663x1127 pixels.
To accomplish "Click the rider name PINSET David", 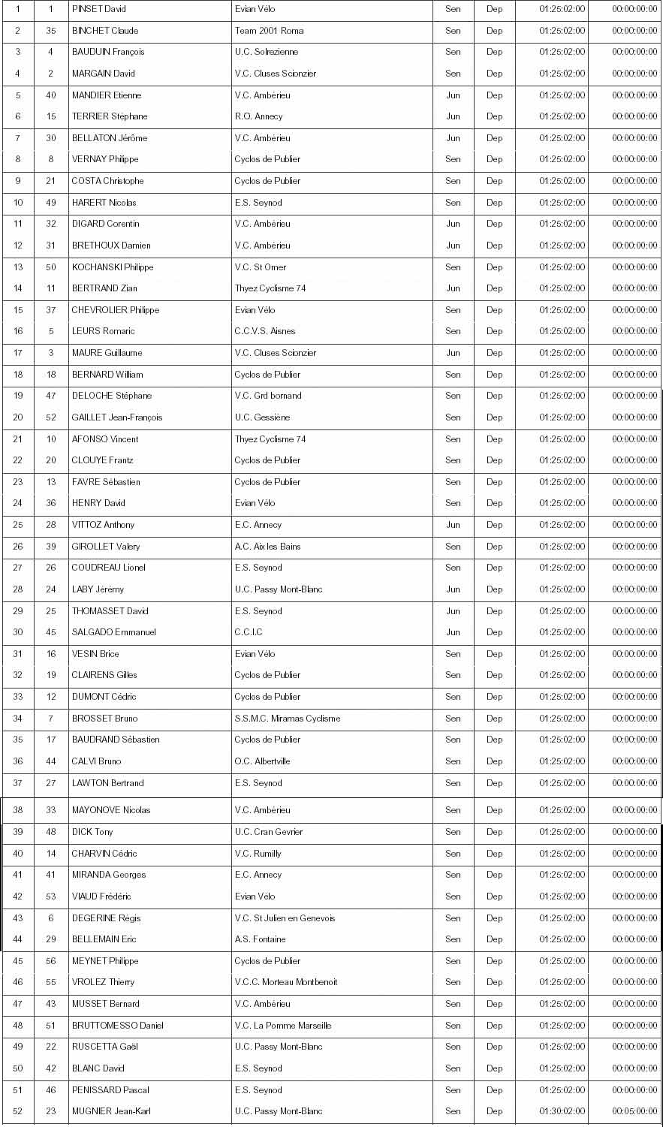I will (x=98, y=9).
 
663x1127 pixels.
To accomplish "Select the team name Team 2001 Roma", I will (x=269, y=31).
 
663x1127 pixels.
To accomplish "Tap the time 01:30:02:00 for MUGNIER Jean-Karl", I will (x=562, y=1111).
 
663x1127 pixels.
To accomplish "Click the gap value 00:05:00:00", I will (x=634, y=1111).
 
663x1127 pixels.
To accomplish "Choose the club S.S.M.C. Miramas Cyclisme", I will (x=287, y=719).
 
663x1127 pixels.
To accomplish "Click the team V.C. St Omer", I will (x=261, y=267).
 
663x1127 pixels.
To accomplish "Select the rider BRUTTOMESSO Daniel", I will (x=117, y=1026).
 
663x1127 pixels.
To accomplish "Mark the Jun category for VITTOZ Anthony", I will (x=453, y=525).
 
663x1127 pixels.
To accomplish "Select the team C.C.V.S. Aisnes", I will (x=265, y=331).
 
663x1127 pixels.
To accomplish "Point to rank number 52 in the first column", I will (x=18, y=1111).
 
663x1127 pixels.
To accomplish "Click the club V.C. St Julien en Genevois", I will (x=285, y=918).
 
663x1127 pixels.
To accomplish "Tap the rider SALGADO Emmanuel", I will (x=113, y=632).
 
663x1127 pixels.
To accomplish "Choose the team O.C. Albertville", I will (x=262, y=761).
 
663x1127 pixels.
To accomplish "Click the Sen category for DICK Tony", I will (x=453, y=832).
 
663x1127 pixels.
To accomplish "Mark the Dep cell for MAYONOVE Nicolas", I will (x=494, y=810).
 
